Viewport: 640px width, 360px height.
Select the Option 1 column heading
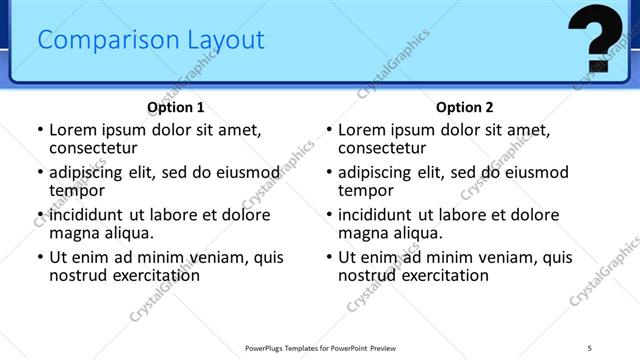[x=176, y=107]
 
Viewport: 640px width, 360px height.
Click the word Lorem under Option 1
[x=73, y=130]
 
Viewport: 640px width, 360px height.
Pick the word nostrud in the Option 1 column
[x=79, y=275]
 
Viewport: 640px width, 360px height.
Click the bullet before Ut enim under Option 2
[x=329, y=257]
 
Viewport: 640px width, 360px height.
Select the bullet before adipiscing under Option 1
[x=40, y=172]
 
